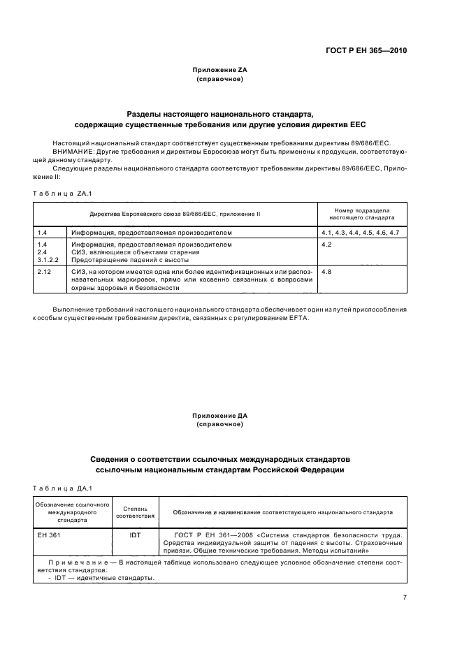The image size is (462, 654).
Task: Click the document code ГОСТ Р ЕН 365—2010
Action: [x=366, y=51]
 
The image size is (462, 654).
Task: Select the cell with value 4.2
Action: [x=326, y=245]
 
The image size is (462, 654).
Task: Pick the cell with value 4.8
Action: [x=326, y=271]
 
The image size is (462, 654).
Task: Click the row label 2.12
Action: [x=43, y=271]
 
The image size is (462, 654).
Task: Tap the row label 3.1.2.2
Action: [x=46, y=261]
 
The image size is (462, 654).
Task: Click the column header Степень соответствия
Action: [x=135, y=513]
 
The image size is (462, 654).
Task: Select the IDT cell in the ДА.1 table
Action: [x=135, y=535]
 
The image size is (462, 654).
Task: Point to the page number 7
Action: [x=405, y=597]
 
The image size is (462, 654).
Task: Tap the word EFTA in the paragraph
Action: [x=296, y=319]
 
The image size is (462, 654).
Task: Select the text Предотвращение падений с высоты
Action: [x=131, y=261]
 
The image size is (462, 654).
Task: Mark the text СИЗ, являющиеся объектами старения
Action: [x=136, y=252]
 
